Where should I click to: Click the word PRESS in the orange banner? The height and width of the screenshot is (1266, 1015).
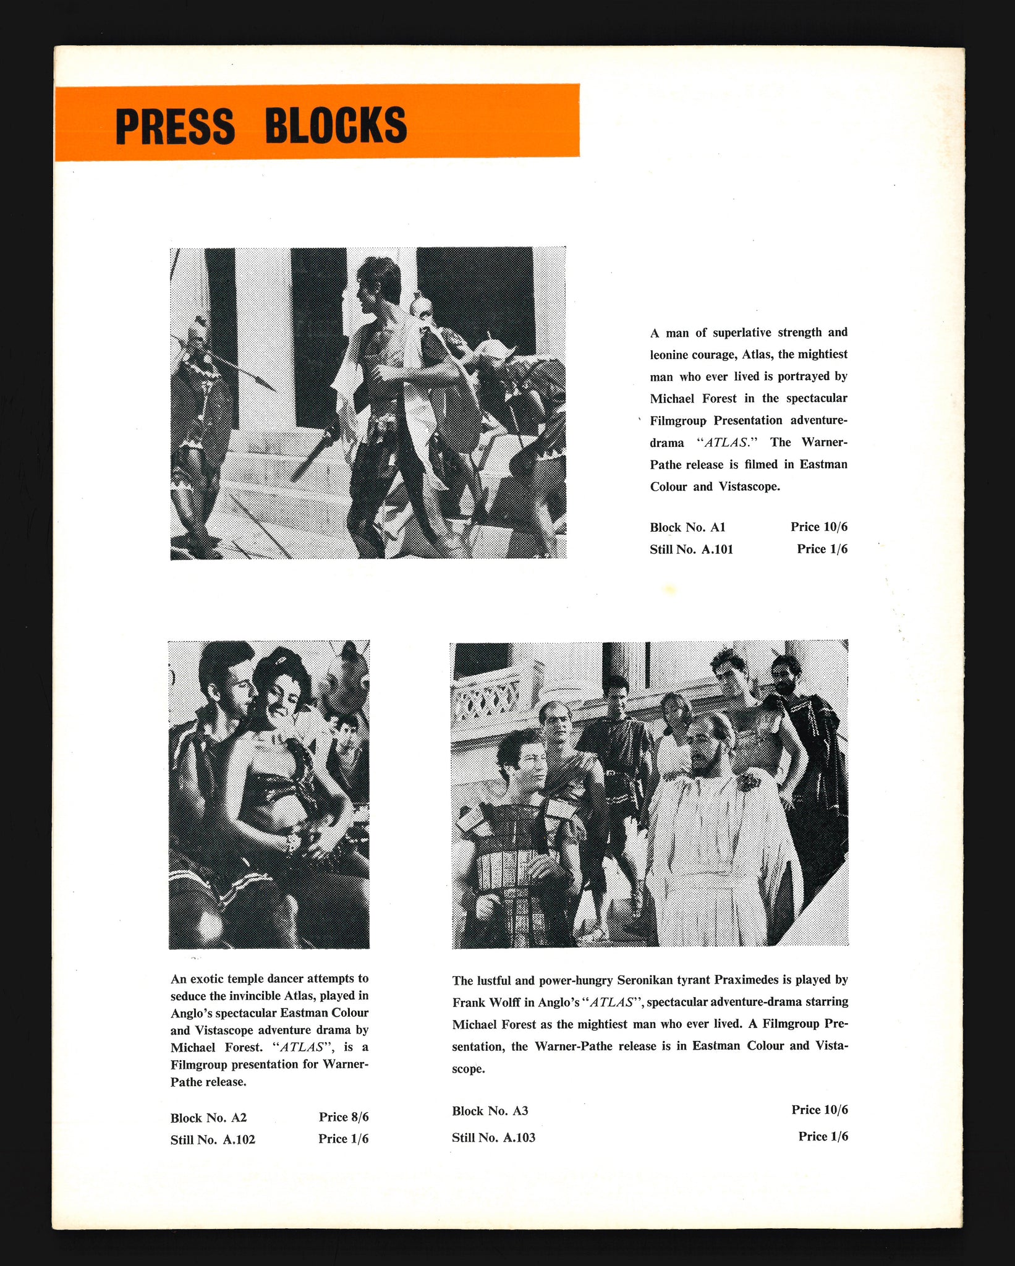(175, 125)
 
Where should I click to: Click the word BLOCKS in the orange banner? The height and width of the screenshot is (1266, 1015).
(336, 125)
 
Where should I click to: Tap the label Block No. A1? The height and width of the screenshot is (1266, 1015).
(687, 527)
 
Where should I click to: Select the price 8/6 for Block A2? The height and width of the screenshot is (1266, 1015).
(344, 1116)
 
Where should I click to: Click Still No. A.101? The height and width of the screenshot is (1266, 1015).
(691, 549)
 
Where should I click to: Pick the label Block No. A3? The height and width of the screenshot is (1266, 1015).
(490, 1110)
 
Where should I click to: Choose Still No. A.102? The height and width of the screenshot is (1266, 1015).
(213, 1139)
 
